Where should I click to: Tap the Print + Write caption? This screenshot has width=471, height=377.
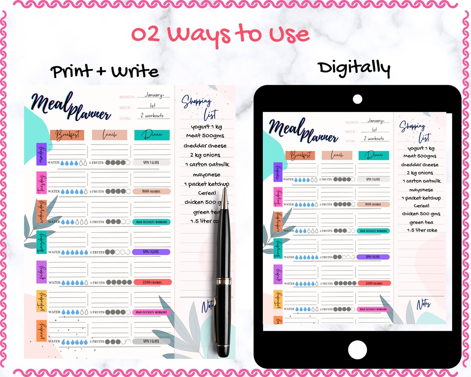click(105, 72)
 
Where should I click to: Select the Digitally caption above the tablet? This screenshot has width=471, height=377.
click(354, 68)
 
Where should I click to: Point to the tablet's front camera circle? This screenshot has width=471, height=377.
click(357, 99)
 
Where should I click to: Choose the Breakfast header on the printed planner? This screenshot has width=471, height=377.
click(67, 135)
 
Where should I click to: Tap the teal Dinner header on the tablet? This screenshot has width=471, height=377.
click(373, 155)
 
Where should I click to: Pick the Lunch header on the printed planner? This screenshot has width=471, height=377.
click(109, 135)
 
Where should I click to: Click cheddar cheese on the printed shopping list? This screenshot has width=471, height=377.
click(205, 146)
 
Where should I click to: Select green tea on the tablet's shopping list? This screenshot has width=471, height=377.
click(421, 222)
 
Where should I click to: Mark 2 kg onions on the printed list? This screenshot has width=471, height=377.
click(205, 155)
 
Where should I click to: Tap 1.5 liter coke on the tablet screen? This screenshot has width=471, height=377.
click(421, 230)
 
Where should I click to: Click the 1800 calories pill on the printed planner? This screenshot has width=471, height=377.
click(152, 191)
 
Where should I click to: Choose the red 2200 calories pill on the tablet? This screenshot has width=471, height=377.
click(373, 283)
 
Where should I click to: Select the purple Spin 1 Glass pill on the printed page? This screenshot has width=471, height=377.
click(151, 252)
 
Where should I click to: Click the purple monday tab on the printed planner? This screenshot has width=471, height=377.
click(41, 154)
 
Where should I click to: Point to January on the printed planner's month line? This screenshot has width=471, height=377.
click(153, 95)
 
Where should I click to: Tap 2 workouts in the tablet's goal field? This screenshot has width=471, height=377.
click(373, 139)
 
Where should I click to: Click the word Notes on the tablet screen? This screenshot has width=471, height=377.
click(423, 305)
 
